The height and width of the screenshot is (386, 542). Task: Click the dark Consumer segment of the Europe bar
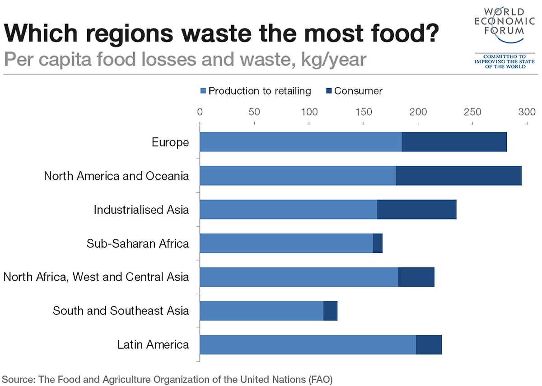(x=454, y=142)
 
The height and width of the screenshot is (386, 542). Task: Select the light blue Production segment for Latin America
(x=307, y=345)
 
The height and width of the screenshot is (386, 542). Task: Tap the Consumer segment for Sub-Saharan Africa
(x=378, y=243)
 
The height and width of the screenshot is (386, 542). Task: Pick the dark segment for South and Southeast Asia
(x=330, y=311)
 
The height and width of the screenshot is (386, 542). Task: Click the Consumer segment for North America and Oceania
(x=458, y=176)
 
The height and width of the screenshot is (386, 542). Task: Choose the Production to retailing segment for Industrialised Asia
(x=288, y=210)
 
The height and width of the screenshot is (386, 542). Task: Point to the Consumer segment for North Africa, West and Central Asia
(x=416, y=277)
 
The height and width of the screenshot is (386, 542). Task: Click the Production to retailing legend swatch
(x=203, y=91)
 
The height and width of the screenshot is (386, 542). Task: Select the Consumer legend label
(x=358, y=91)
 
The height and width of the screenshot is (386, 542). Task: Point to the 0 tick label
(x=200, y=112)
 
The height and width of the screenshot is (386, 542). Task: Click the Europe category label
(x=170, y=142)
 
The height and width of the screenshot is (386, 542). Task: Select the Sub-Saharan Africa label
(x=138, y=244)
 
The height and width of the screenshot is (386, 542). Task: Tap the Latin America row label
(x=153, y=345)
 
